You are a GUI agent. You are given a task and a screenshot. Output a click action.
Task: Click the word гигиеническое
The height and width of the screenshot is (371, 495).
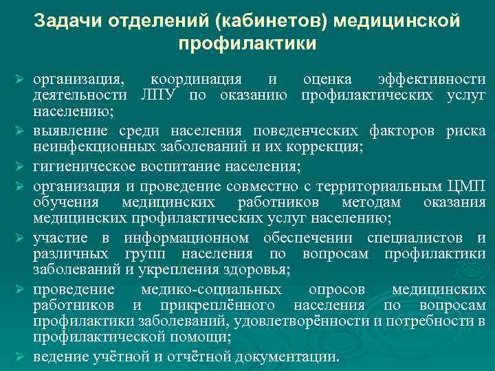[86, 167]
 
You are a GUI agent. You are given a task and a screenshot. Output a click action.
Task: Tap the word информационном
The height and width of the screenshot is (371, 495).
[186, 238]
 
